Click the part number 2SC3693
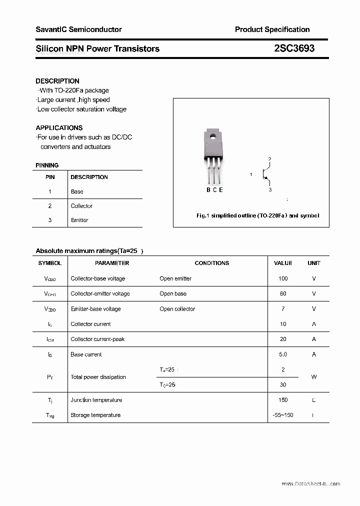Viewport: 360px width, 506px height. [294, 48]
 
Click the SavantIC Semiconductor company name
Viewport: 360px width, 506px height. [78, 29]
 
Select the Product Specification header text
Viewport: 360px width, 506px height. [272, 29]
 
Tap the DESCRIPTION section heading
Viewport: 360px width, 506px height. [57, 81]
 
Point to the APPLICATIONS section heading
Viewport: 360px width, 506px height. [59, 128]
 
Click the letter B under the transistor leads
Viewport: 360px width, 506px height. [208, 189]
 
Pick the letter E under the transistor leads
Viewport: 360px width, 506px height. [221, 189]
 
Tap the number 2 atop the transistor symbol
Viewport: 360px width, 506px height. [270, 159]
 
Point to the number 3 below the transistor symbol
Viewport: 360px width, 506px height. [270, 190]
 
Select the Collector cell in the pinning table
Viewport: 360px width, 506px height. [81, 206]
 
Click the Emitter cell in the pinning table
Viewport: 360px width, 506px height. [79, 220]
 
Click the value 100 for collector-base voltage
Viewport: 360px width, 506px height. [283, 278]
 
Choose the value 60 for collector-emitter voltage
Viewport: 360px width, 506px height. [283, 293]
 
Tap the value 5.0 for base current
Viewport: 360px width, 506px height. [283, 354]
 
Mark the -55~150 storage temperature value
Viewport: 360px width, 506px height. [283, 415]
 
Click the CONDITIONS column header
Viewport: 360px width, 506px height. [212, 263]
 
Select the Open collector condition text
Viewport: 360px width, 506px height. [177, 309]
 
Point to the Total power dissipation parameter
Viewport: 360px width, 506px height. [98, 377]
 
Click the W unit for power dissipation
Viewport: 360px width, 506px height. [314, 377]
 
